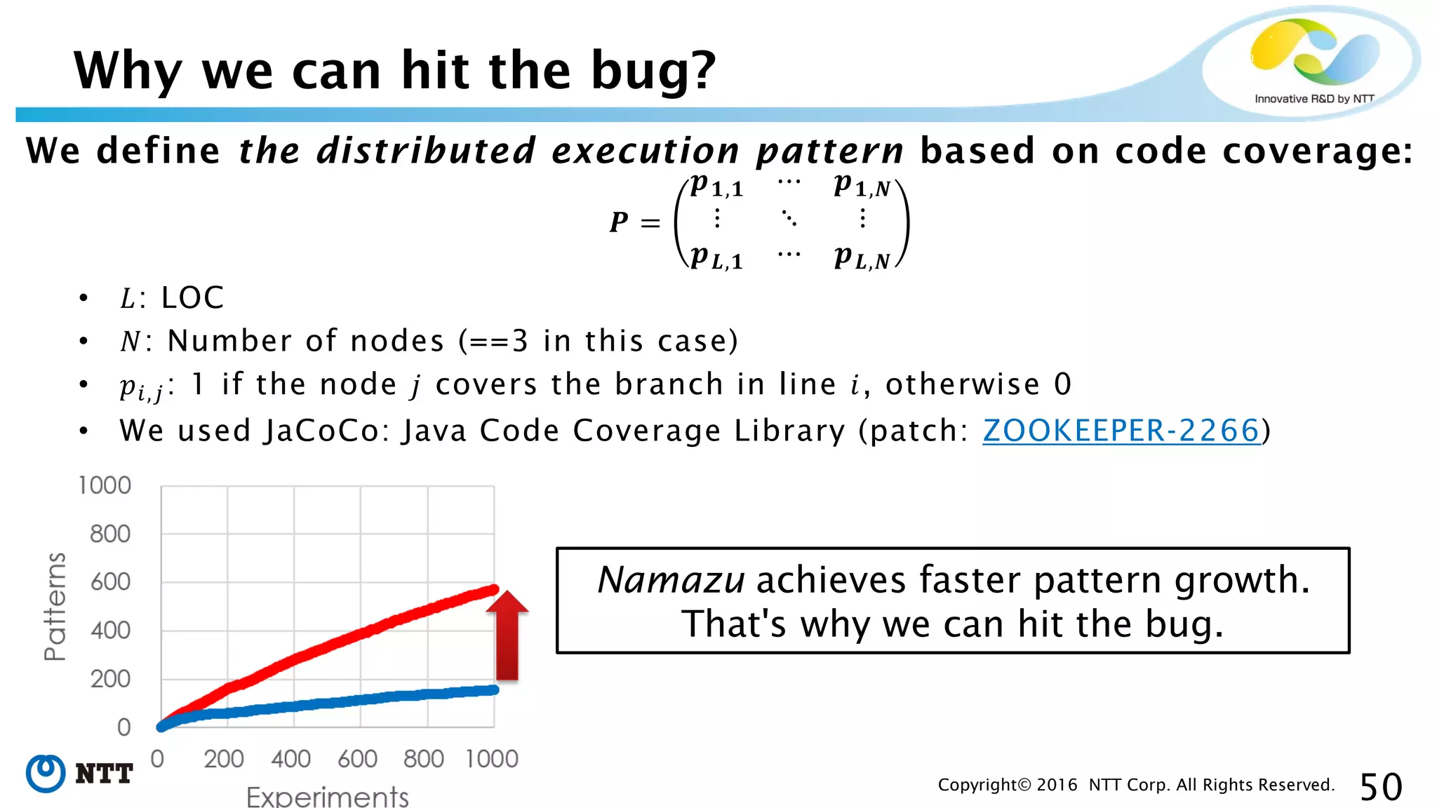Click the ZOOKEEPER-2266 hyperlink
tap(1121, 430)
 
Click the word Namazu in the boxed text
tap(670, 580)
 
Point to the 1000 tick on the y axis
tap(105, 485)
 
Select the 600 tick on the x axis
tap(357, 758)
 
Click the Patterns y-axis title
tap(54, 607)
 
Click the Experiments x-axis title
tap(327, 796)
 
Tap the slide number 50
tap(1380, 786)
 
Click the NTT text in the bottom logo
tap(104, 774)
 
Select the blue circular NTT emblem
tap(46, 774)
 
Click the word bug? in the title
tap(653, 72)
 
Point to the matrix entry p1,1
tap(716, 186)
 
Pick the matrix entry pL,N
tap(862, 258)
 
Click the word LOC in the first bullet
tap(192, 297)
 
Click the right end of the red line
tap(493, 590)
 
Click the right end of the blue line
tap(494, 690)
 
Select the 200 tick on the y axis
tap(110, 678)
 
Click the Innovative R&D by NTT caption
tap(1314, 99)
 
